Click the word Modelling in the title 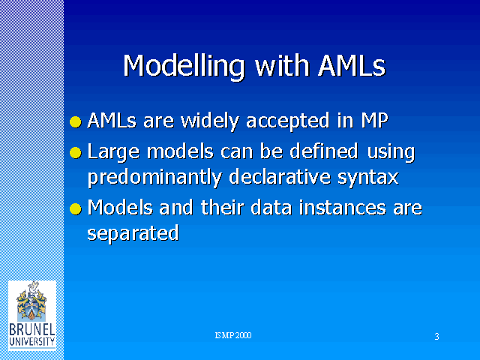coord(184,67)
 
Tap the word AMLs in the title coord(352,65)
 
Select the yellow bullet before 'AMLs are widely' coord(76,121)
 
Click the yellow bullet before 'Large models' coord(76,153)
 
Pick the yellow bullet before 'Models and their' coord(76,209)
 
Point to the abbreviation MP coord(375,120)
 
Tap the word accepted coord(288,121)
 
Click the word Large coord(113,152)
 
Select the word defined coord(323,151)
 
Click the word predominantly coord(154,178)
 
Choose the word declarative coord(280,177)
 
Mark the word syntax coord(368,178)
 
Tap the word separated coord(133,234)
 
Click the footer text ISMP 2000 coord(233,335)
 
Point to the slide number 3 coord(436,337)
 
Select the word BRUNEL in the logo coord(32,330)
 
